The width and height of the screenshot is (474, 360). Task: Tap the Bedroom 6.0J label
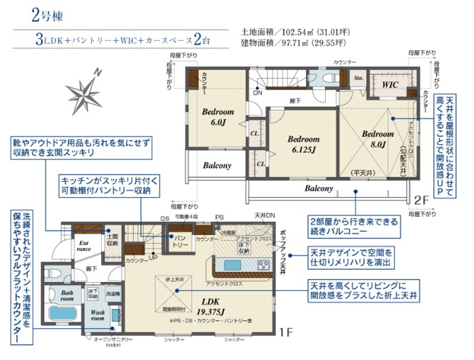point(217,117)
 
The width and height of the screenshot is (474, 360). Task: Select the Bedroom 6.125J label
point(303,144)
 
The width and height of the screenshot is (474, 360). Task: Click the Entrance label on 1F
point(84,247)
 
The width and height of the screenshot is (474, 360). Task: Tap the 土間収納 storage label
point(113,240)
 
